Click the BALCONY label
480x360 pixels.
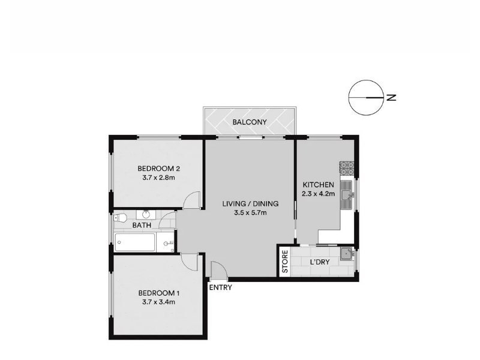pos(250,122)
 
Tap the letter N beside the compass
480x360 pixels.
pos(392,98)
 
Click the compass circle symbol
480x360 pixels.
pos(366,98)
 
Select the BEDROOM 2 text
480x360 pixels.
pos(158,169)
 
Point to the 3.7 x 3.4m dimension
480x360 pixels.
pos(158,302)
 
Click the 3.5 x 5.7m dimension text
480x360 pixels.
pos(250,212)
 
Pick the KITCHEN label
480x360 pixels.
pos(318,185)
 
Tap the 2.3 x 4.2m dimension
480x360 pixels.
pos(318,194)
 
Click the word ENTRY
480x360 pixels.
pos(220,287)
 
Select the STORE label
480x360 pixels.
pos(285,262)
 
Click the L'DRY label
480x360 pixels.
pos(320,262)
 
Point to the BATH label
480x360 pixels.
pos(142,226)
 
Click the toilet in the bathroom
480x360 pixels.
pos(121,218)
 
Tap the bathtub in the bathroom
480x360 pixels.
pos(134,243)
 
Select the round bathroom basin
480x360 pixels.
pos(146,214)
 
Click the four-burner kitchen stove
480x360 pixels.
pos(347,168)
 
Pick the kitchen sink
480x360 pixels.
pos(347,194)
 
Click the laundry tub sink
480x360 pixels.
pos(347,254)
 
